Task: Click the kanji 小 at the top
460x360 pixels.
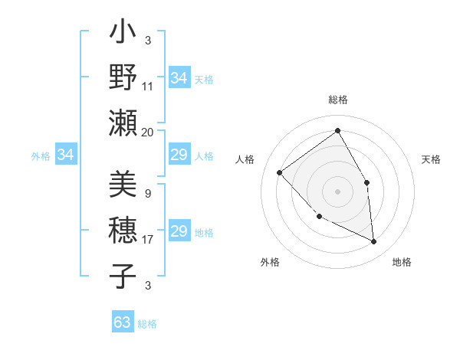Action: click(123, 34)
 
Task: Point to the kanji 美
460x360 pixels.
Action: click(123, 186)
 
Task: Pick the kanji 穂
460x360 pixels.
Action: click(123, 231)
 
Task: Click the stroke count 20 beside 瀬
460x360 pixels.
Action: click(148, 132)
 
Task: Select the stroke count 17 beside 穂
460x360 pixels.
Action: click(148, 240)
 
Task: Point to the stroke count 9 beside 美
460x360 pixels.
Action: click(148, 194)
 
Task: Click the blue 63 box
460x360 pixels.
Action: click(123, 322)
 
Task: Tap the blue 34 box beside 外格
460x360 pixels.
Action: click(65, 155)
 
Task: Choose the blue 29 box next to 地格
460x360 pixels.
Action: click(179, 232)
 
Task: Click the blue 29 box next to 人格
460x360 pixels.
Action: click(179, 155)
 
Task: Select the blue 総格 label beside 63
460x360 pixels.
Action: click(147, 324)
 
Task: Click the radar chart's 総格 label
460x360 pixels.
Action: click(337, 100)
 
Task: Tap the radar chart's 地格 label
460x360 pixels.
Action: click(402, 262)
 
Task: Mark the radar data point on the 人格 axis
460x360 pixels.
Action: click(280, 172)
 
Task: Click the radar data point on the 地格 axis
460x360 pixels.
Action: click(373, 241)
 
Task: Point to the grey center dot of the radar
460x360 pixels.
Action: click(337, 191)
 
